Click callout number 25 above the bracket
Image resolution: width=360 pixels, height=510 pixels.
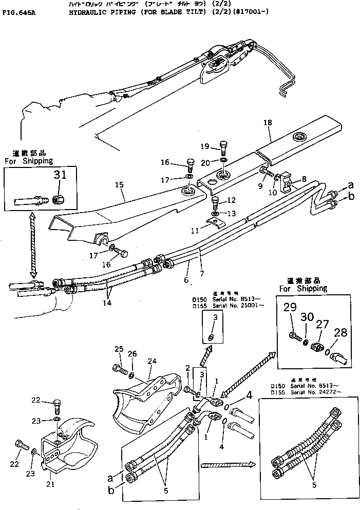click(x=119, y=350)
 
